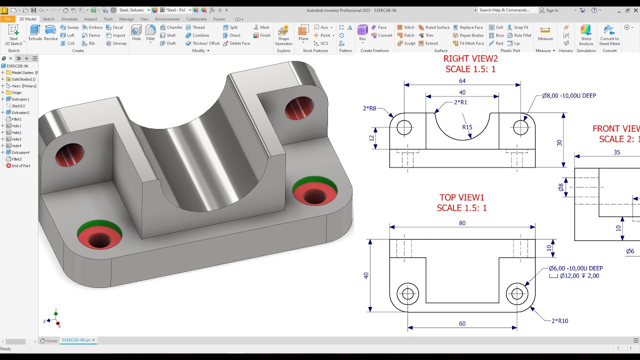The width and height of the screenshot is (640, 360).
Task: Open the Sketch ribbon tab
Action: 49,19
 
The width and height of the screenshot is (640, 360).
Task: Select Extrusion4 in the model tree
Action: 20,152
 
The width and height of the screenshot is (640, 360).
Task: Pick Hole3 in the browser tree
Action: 16,139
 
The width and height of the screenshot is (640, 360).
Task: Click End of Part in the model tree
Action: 20,165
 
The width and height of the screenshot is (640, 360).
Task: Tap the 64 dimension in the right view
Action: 462,80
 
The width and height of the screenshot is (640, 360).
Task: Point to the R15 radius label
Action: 467,127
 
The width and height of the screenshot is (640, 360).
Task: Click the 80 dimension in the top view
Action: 462,223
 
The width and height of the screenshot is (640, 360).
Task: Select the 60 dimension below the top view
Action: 462,323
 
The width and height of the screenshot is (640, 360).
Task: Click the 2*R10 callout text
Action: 559,321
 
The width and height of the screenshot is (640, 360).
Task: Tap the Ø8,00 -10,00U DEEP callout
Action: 569,95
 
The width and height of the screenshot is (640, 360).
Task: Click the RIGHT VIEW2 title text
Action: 470,58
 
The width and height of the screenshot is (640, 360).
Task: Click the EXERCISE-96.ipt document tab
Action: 76,340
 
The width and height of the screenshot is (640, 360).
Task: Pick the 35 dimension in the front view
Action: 616,152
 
